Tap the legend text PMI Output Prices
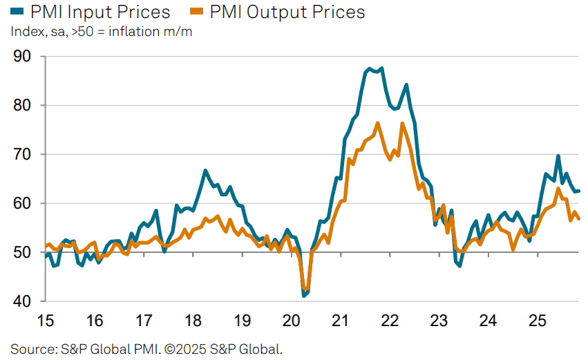click(x=287, y=12)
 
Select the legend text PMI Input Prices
click(x=100, y=12)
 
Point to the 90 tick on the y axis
click(x=23, y=57)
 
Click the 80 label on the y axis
click(x=23, y=106)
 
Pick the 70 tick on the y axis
click(x=23, y=155)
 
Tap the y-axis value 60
click(x=23, y=204)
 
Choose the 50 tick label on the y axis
click(x=23, y=253)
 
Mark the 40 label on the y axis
click(x=23, y=302)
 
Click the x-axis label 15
click(x=46, y=321)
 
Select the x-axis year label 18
click(x=193, y=321)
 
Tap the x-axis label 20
click(x=291, y=321)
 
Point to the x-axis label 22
click(x=390, y=321)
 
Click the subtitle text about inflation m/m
click(x=101, y=32)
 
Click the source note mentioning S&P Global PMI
click(x=146, y=348)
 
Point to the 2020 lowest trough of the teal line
click(x=303, y=296)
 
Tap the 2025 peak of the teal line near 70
click(x=558, y=156)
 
